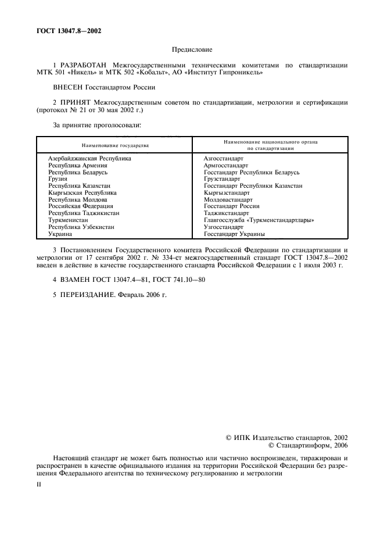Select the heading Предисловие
(x=192, y=51)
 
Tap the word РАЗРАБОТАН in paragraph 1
(x=81, y=66)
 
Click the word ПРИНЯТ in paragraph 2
(x=76, y=102)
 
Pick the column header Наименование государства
(x=115, y=145)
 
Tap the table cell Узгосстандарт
(x=224, y=227)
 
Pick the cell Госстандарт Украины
(x=234, y=234)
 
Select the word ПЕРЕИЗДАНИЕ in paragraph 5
(x=85, y=295)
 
